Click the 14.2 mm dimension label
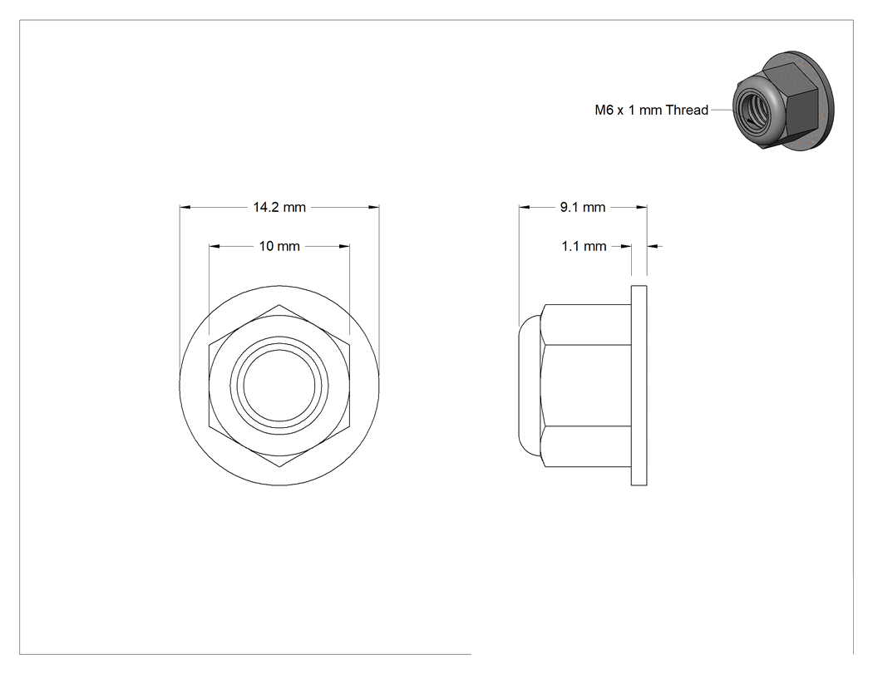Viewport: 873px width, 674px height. pos(279,208)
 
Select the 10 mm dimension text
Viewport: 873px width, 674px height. pos(279,246)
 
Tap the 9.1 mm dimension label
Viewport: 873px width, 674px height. pos(583,208)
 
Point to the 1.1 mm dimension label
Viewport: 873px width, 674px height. pos(584,246)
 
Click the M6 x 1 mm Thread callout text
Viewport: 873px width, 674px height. pos(651,111)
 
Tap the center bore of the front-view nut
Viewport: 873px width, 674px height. pos(279,385)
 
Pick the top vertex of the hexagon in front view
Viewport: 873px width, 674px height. pos(279,304)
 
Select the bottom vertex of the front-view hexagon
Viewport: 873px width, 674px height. pos(279,466)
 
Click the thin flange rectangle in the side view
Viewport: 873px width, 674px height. pos(639,385)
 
